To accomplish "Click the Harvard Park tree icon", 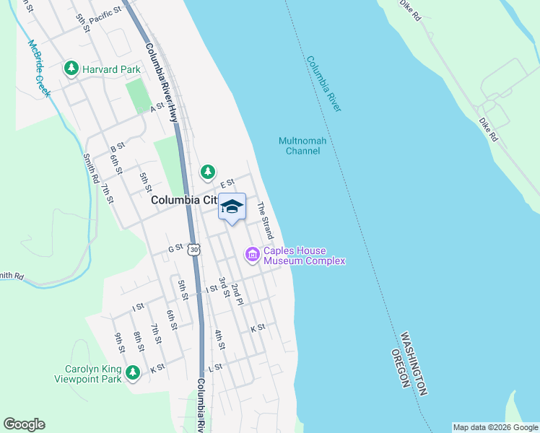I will tap(71, 69).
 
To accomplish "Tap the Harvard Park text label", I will tap(111, 69).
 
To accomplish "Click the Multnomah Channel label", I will tap(302, 146).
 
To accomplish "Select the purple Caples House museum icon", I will tap(253, 254).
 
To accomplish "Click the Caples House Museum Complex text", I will tap(304, 255).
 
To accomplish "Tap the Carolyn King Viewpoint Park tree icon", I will tap(133, 372).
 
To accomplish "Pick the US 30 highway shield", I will tap(193, 249).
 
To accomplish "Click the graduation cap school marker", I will tap(232, 206).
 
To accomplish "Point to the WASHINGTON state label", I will tap(414, 363).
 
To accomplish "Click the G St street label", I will tap(175, 248).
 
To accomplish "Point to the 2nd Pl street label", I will tap(238, 294).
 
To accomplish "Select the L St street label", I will tap(214, 368).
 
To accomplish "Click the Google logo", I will tap(24, 424).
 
